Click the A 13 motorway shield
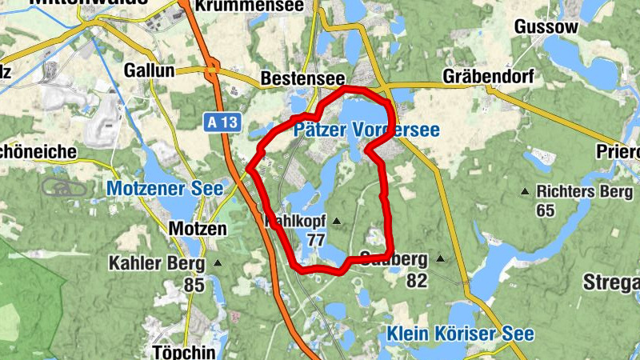tap(222, 122)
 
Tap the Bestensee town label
tap(302, 80)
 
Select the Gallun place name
tap(149, 70)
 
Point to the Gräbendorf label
tap(488, 77)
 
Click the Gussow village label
tap(546, 26)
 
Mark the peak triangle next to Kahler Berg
tap(218, 262)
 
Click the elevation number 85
tap(194, 283)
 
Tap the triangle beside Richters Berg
tap(525, 191)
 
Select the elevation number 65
tap(546, 210)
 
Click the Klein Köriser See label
tap(460, 334)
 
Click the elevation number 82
tap(416, 280)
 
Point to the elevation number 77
tap(316, 239)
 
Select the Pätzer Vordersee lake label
tap(366, 130)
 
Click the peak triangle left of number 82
tap(439, 259)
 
